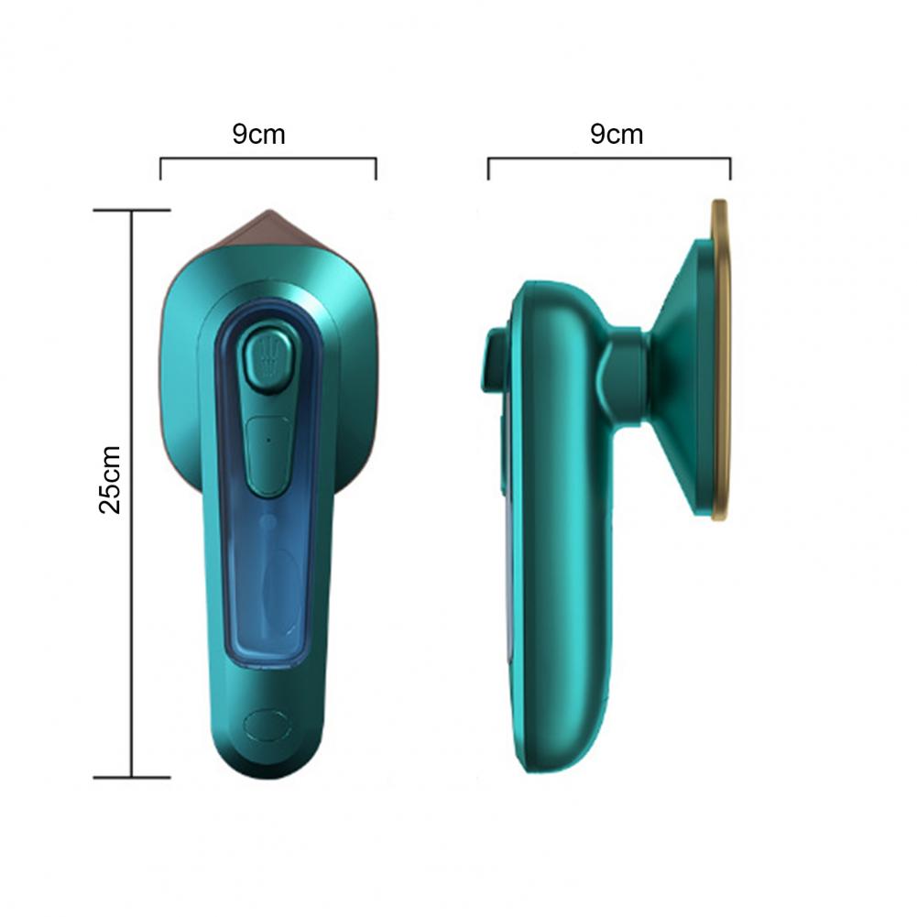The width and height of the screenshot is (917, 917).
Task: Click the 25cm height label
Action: click(110, 479)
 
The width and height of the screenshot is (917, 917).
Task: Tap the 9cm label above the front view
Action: click(258, 134)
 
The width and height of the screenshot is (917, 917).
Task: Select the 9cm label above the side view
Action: click(617, 134)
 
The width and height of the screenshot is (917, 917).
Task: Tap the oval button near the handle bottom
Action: click(267, 726)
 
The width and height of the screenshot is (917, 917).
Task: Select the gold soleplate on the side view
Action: click(721, 360)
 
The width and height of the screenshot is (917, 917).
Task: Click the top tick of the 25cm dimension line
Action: click(132, 210)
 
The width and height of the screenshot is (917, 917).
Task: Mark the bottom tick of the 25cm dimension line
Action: click(132, 777)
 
